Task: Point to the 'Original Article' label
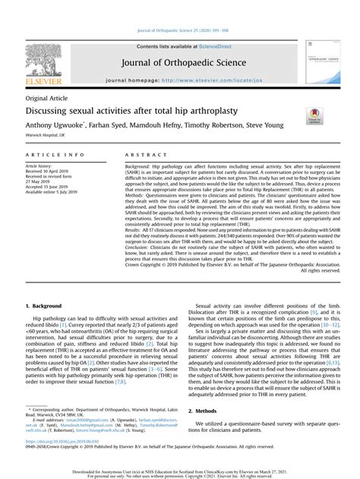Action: pos(45,99)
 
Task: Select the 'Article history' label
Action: pos(39,165)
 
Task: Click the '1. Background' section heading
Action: pos(46,306)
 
